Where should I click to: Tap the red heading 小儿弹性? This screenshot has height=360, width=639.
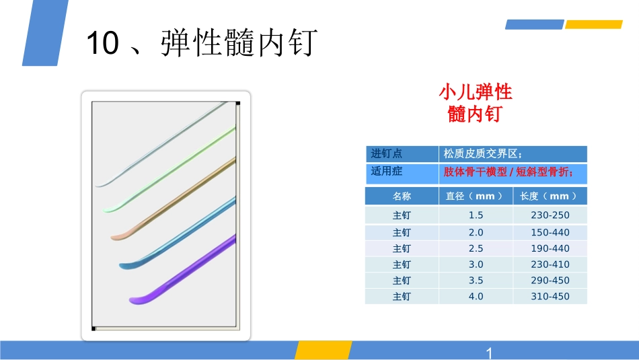[x=476, y=92]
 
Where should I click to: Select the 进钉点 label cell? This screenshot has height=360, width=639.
[x=387, y=153]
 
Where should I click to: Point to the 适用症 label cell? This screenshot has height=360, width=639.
[x=387, y=172]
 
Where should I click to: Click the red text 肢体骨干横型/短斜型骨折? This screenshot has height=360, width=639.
[x=509, y=172]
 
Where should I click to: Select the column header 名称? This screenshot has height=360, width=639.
[x=402, y=196]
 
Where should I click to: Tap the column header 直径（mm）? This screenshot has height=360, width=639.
[x=475, y=196]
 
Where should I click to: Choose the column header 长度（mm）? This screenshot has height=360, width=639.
[x=549, y=196]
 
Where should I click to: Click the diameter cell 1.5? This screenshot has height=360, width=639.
[x=476, y=215]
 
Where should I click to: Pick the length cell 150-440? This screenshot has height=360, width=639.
[x=550, y=232]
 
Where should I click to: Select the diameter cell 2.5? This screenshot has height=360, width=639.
[x=476, y=248]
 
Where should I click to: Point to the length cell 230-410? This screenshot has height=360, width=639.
[x=550, y=264]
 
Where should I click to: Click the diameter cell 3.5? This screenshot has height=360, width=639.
[x=476, y=281]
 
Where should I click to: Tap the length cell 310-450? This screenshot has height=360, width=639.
[x=550, y=297]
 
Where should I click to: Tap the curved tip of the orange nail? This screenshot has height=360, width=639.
[x=116, y=236]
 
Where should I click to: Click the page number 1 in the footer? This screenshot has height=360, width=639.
[x=489, y=353]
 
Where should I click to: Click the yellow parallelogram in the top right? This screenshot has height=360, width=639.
[x=593, y=25]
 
